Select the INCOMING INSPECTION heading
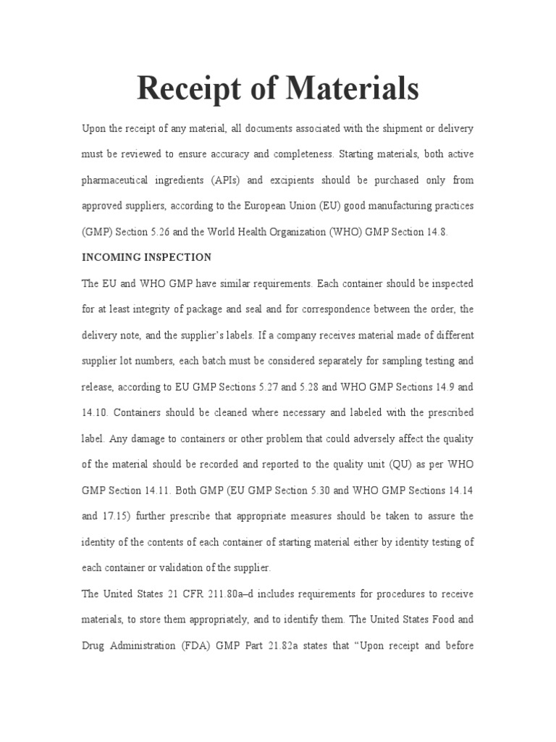146,257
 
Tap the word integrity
148,309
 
